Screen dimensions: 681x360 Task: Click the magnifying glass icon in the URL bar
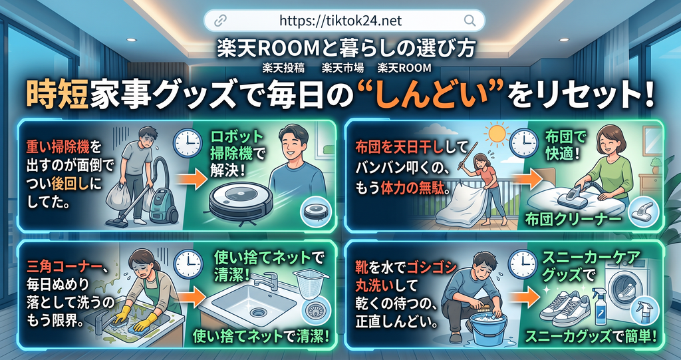pos(470,20)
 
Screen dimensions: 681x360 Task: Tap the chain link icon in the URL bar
pos(220,20)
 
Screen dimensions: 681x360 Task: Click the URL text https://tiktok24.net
pos(340,21)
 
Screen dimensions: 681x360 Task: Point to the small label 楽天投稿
pos(283,69)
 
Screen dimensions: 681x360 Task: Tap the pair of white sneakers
pos(565,305)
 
